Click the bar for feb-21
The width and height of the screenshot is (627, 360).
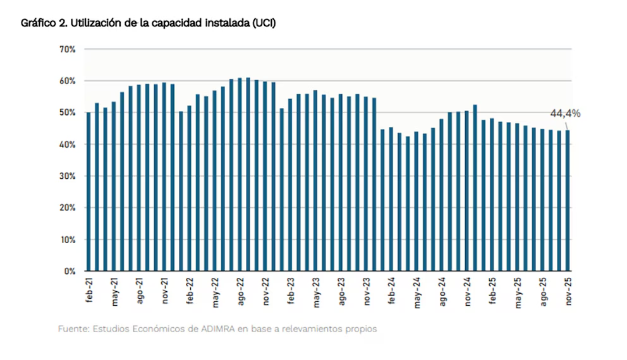coord(88,192)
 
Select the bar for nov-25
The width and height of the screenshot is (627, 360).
coord(568,201)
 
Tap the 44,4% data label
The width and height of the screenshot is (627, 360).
coord(565,114)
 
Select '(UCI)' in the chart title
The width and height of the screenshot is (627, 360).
coord(263,23)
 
